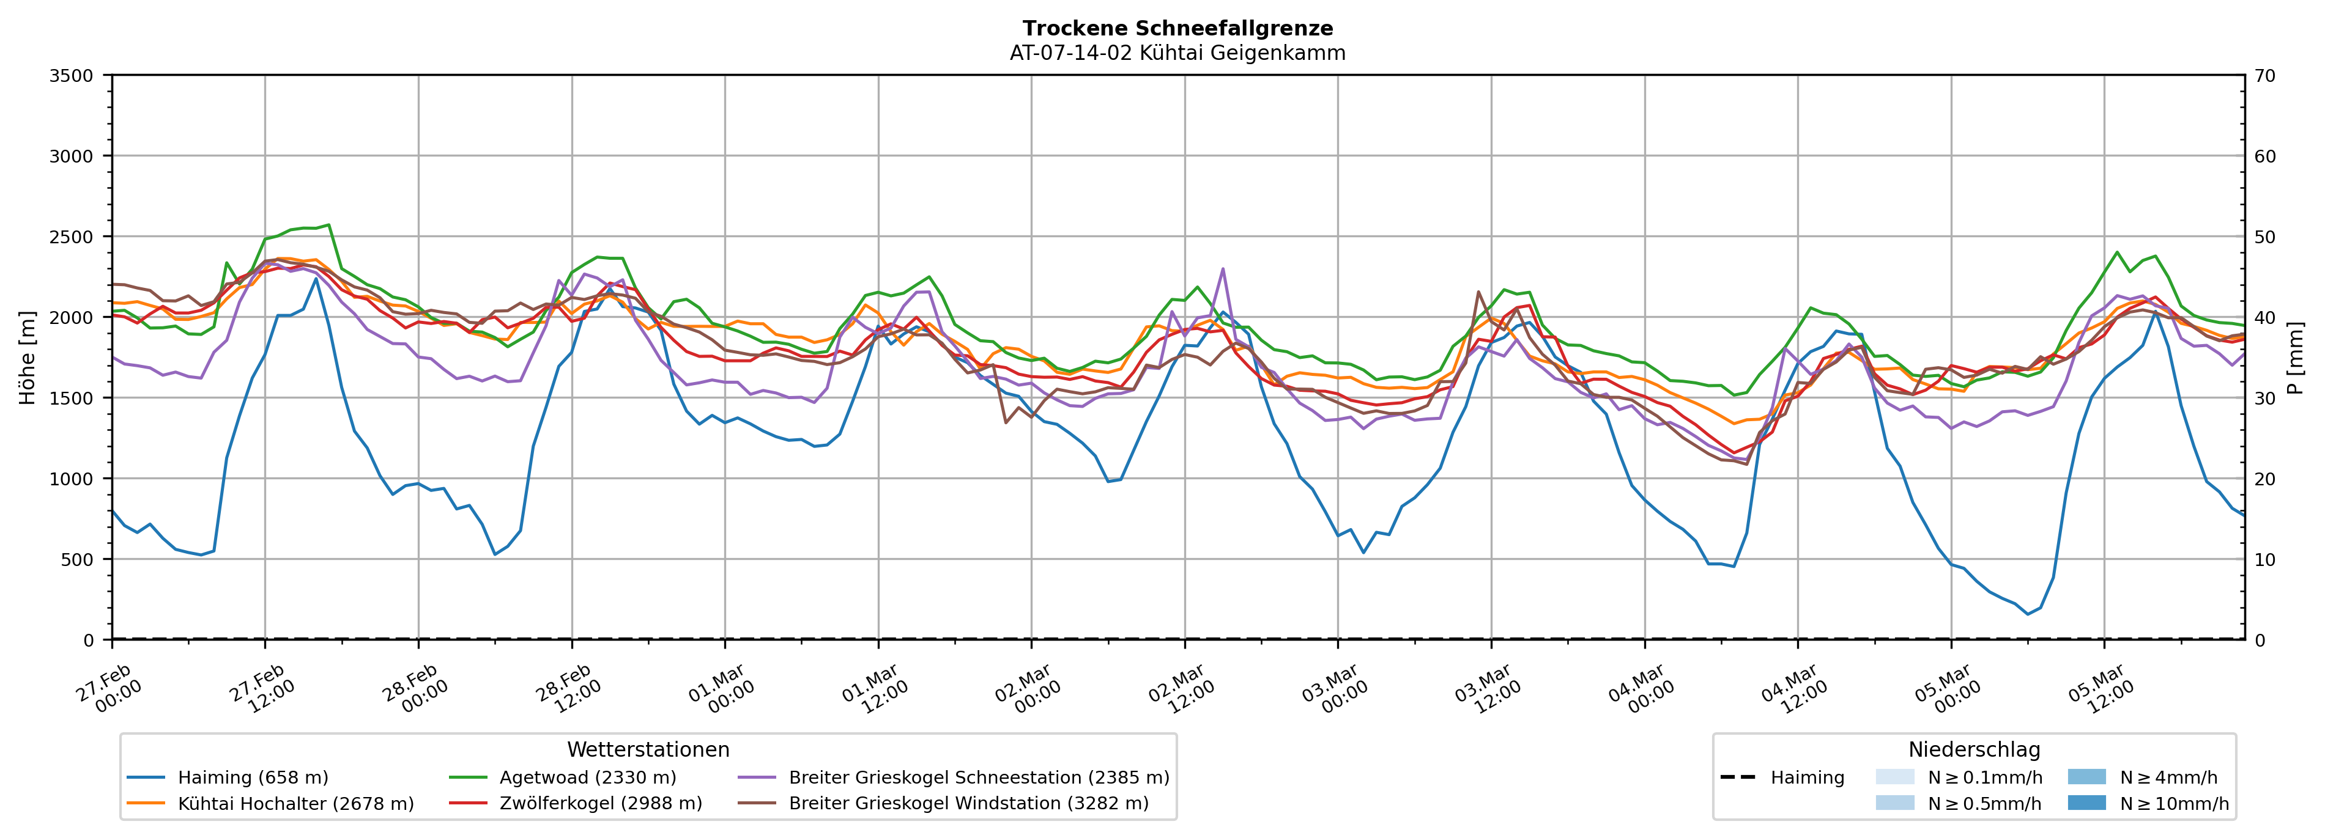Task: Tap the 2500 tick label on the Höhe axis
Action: [x=72, y=237]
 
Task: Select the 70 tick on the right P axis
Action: [x=2264, y=76]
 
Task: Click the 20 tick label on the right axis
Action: [x=2264, y=479]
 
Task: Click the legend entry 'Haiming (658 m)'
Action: [x=253, y=777]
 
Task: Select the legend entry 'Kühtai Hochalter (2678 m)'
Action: [x=295, y=804]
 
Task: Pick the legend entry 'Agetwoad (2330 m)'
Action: [x=588, y=777]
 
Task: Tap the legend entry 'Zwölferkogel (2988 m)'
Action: [x=600, y=804]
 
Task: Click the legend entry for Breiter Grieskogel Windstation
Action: [x=968, y=804]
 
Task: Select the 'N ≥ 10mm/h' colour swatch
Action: [x=2086, y=803]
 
